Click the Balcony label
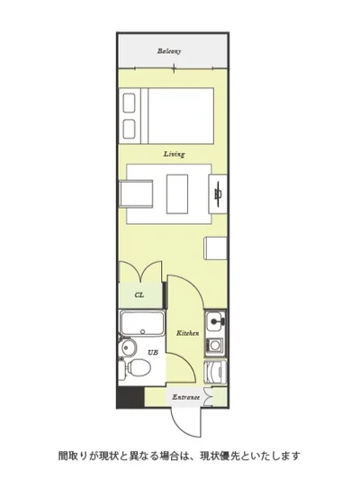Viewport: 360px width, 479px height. click(169, 51)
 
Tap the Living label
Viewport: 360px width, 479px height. click(174, 154)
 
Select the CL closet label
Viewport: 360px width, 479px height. click(139, 295)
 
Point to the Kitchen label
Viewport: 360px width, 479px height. click(188, 333)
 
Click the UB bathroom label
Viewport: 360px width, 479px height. click(153, 352)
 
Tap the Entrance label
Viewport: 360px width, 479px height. click(185, 397)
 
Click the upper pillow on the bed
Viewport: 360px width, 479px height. click(129, 103)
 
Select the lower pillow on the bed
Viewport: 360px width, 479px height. click(129, 129)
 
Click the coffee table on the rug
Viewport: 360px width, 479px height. click(177, 194)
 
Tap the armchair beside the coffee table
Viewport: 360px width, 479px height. click(136, 194)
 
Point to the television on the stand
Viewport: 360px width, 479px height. click(218, 194)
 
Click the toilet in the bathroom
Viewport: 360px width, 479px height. click(135, 367)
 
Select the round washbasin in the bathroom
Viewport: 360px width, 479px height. click(127, 347)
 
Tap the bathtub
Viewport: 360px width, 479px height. click(142, 323)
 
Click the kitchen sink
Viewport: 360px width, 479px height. click(215, 321)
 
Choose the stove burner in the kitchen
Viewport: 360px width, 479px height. click(215, 347)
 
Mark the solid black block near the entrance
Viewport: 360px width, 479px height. click(130, 397)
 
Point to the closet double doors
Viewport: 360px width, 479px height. click(140, 271)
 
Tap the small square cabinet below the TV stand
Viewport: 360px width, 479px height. click(216, 249)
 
